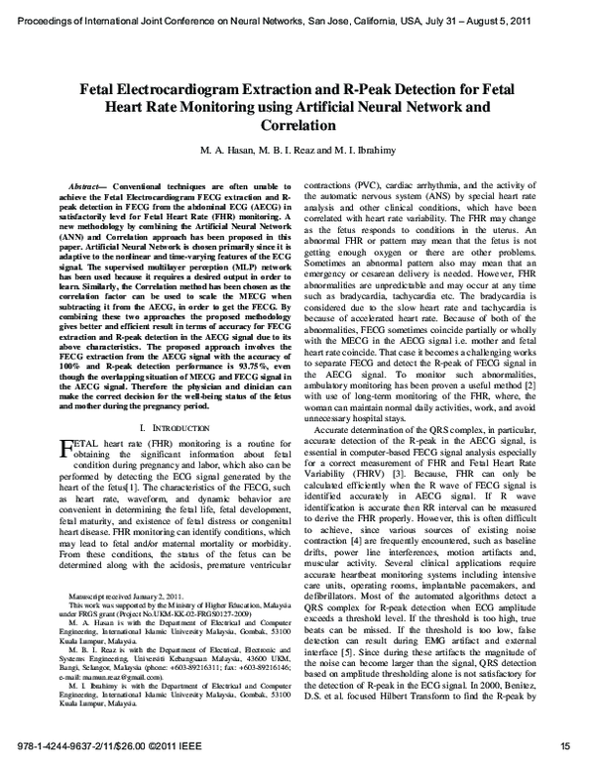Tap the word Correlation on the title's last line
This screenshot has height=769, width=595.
click(x=297, y=127)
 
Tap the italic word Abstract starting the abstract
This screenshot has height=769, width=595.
click(x=85, y=186)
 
